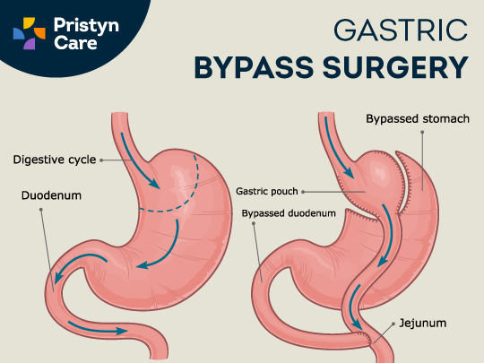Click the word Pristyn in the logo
click(86, 26)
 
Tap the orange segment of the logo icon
click(39, 33)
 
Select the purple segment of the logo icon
click(30, 44)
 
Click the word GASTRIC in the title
click(401, 30)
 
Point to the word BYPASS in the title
click(254, 67)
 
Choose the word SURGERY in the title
click(396, 67)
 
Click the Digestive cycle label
click(55, 160)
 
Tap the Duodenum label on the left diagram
click(51, 195)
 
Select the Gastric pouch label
click(267, 192)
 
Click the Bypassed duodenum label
click(289, 213)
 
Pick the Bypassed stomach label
click(418, 119)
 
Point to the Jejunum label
click(422, 324)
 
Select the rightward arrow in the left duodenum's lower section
click(98, 328)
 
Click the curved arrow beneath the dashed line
click(169, 252)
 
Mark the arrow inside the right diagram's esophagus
click(337, 149)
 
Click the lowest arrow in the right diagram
click(355, 307)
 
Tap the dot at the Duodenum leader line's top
click(40, 209)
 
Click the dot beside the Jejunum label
click(393, 324)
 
